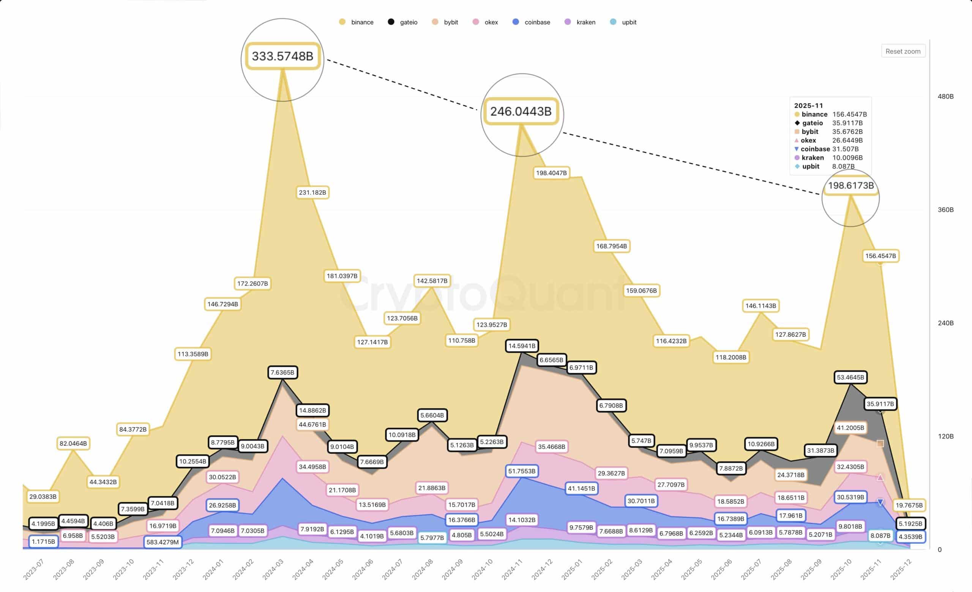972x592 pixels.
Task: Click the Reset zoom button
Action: [x=903, y=51]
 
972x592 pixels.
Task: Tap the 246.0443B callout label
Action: [x=521, y=111]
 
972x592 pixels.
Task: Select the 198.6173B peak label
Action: [x=851, y=186]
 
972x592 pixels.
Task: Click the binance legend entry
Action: [x=357, y=22]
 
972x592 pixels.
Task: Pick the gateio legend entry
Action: [x=403, y=22]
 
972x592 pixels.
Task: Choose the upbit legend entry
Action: [x=624, y=22]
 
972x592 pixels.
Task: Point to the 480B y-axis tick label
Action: [x=945, y=96]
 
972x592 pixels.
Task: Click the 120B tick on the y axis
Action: [x=945, y=436]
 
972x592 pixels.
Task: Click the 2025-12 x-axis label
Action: [x=901, y=570]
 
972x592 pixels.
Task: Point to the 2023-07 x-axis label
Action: [x=33, y=570]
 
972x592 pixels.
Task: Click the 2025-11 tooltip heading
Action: [x=808, y=105]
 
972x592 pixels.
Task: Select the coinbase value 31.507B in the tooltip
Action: [x=845, y=149]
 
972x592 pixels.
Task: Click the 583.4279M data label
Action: [x=163, y=542]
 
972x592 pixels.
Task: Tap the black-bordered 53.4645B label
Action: [x=850, y=377]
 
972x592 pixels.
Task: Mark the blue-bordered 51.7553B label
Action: [x=522, y=471]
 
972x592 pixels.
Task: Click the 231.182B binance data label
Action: [x=312, y=192]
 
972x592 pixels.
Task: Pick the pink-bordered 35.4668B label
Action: [x=551, y=447]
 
